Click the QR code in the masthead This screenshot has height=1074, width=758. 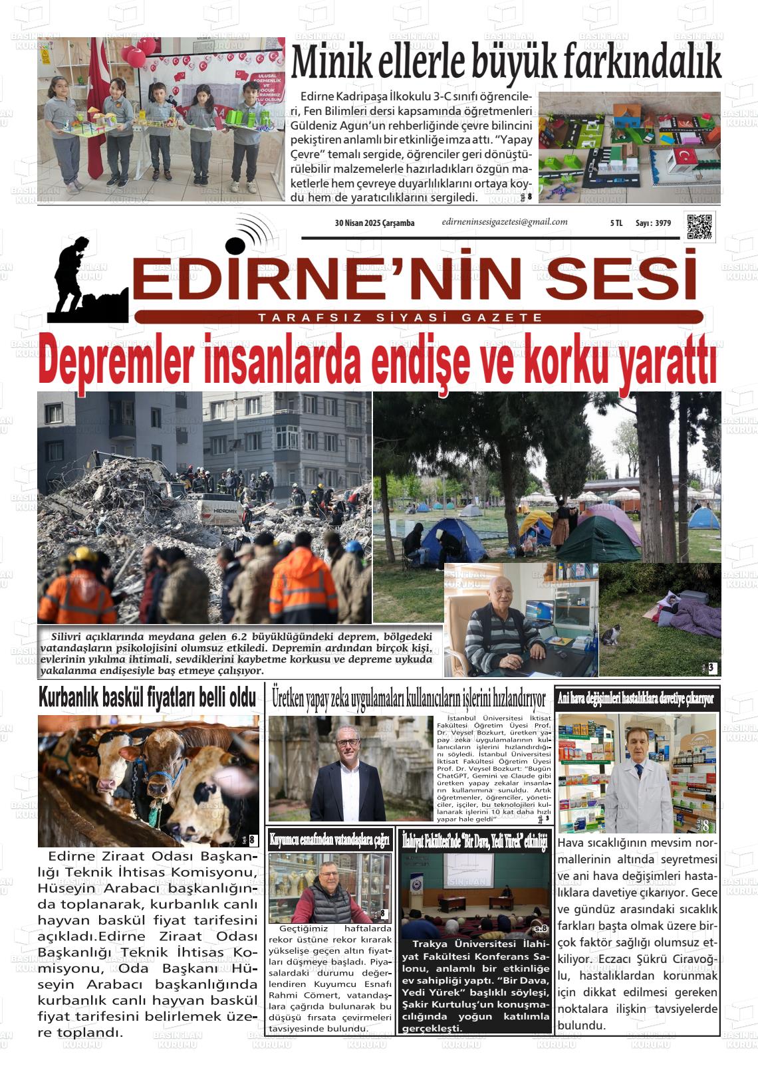pyautogui.click(x=699, y=227)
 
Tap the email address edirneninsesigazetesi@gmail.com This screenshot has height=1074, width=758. pyautogui.click(x=505, y=222)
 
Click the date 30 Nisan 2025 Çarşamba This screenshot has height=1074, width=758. pyautogui.click(x=374, y=223)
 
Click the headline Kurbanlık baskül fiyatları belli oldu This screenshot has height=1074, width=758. pyautogui.click(x=147, y=698)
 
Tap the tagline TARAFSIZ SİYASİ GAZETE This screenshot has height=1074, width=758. pyautogui.click(x=400, y=318)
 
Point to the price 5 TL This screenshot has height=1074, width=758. pyautogui.click(x=616, y=223)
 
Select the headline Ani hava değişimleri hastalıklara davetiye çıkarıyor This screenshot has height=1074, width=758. pyautogui.click(x=636, y=698)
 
